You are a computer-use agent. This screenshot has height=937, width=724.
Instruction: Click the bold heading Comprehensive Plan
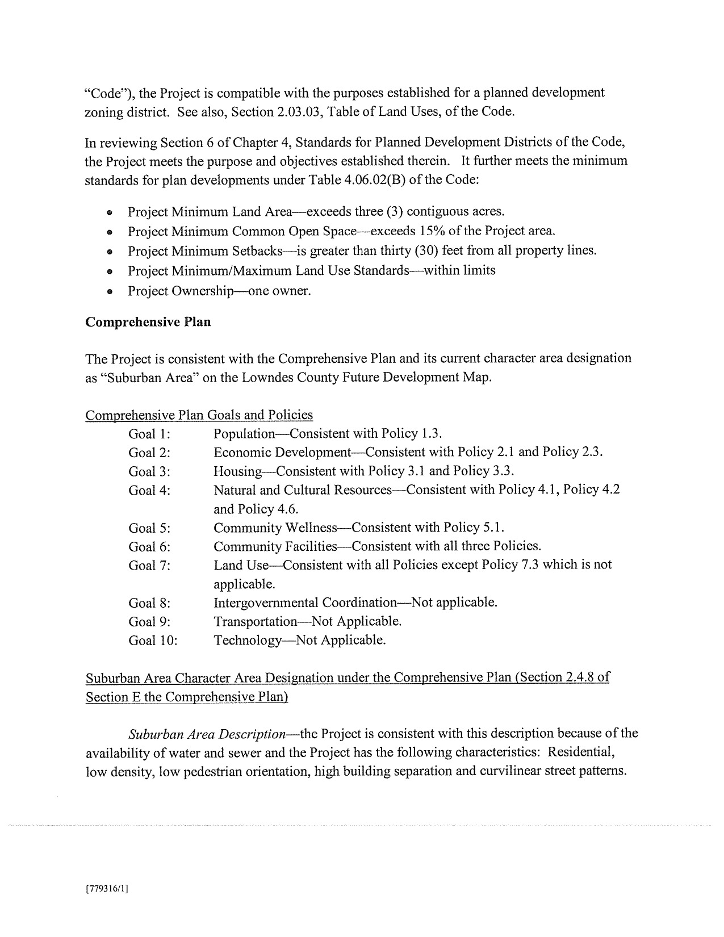point(148,322)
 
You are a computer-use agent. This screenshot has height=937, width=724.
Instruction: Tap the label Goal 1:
point(149,434)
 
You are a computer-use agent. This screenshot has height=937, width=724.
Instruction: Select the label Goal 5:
point(149,528)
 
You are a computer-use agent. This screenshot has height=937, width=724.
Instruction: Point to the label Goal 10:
point(153,641)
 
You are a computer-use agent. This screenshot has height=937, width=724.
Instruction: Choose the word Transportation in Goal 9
point(255,621)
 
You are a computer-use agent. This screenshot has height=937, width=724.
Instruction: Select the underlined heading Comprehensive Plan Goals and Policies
point(199,415)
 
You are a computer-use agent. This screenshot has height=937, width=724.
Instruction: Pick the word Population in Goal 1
point(244,434)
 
